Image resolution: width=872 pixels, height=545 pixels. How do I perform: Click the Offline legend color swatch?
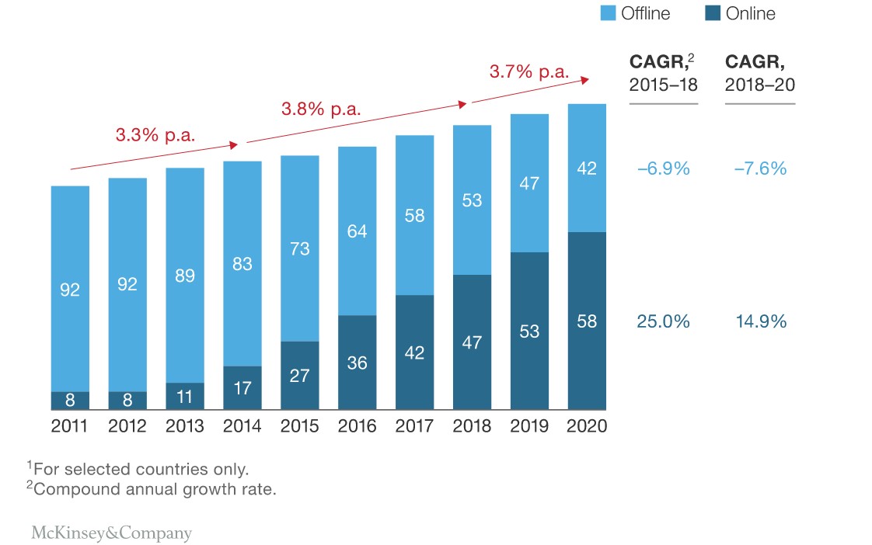click(609, 13)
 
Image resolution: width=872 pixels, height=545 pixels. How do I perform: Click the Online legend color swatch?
click(713, 13)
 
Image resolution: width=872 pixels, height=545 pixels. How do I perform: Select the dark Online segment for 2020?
click(587, 320)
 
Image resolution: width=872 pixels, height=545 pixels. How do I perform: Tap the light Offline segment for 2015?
click(300, 248)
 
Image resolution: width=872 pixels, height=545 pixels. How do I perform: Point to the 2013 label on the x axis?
click(185, 426)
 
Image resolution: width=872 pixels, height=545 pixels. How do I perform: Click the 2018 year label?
click(472, 426)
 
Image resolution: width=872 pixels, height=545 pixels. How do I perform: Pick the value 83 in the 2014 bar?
click(242, 264)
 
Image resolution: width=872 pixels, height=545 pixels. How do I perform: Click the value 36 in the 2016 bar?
click(358, 363)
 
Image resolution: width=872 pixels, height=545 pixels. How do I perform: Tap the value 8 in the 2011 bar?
click(70, 401)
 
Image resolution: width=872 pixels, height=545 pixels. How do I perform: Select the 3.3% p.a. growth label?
click(155, 134)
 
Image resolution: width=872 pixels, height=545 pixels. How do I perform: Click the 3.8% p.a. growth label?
click(321, 109)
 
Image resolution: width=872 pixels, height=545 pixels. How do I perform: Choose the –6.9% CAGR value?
click(663, 168)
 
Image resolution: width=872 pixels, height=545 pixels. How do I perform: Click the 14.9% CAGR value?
click(759, 321)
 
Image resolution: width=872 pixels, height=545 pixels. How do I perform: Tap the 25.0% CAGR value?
click(663, 321)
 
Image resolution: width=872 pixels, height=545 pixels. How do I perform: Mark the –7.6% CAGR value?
click(759, 168)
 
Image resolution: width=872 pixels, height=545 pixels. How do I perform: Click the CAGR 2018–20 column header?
click(759, 74)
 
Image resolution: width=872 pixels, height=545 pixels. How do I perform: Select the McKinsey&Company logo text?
click(111, 533)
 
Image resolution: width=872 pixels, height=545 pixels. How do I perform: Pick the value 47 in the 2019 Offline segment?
click(529, 184)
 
